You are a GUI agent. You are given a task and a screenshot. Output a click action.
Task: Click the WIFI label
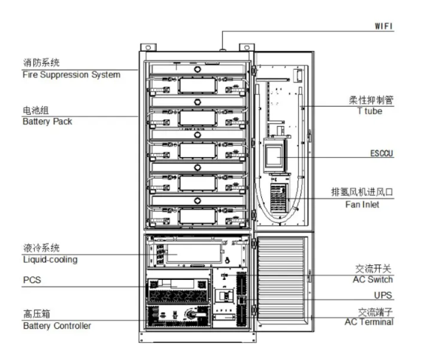tap(383, 26)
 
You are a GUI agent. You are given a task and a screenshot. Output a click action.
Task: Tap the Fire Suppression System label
tap(71, 75)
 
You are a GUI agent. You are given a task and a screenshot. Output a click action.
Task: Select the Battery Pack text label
tap(47, 121)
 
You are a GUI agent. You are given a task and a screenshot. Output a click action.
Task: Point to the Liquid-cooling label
tap(50, 259)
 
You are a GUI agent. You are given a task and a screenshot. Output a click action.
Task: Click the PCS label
tap(32, 280)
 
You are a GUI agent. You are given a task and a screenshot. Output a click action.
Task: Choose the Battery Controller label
tap(57, 326)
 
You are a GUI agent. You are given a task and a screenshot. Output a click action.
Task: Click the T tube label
tap(370, 111)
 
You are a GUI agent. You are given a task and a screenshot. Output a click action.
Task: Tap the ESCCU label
tap(382, 153)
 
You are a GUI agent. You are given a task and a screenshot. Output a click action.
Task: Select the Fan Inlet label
tap(362, 204)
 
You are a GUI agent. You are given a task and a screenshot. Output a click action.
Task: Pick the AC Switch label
tap(373, 279)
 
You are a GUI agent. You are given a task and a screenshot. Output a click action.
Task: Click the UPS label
tap(383, 295)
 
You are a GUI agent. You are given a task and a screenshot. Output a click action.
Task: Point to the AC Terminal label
tap(369, 321)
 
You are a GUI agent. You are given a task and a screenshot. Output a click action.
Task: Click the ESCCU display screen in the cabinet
tap(274, 156)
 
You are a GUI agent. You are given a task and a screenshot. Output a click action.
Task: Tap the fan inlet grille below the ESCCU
tap(278, 199)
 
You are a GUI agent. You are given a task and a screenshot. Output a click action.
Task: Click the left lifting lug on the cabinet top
tap(149, 47)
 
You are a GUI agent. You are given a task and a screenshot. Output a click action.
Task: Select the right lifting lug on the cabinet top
tap(246, 47)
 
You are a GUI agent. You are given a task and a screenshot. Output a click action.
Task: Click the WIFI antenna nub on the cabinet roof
tap(223, 50)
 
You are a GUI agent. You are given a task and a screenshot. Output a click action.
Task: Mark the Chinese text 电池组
tap(36, 110)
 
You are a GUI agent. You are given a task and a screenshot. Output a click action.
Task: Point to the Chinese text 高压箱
tap(37, 314)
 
